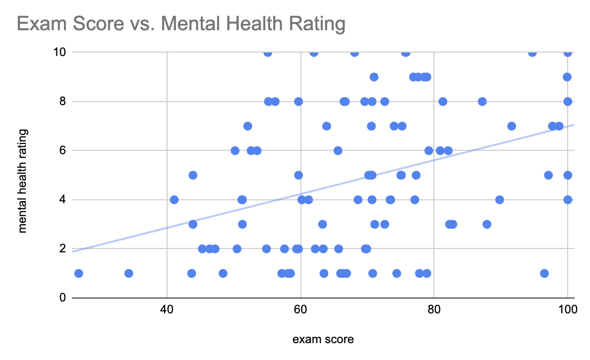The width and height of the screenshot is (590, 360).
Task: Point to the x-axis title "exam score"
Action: (323, 340)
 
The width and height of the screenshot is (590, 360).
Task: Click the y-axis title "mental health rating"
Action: (22, 180)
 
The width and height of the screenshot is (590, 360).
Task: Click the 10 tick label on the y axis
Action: (59, 52)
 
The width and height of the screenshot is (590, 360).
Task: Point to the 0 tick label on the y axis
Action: (63, 298)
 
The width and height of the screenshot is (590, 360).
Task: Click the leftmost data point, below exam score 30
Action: (78, 273)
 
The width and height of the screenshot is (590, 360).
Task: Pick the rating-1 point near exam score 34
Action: (128, 273)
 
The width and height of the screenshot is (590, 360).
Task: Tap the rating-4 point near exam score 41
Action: (174, 200)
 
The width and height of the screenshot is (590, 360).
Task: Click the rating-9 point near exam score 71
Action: (374, 77)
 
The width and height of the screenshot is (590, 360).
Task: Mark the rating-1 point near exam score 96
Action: (544, 273)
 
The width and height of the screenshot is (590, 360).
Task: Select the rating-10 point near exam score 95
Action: (532, 53)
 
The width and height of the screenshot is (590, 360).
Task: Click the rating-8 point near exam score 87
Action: (482, 102)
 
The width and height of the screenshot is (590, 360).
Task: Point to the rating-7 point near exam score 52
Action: (247, 126)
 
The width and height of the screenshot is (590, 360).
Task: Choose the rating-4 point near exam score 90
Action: (499, 200)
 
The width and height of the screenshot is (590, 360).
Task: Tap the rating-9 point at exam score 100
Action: (567, 77)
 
